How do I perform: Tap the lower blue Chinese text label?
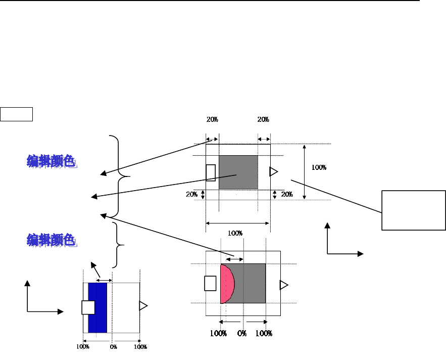52,240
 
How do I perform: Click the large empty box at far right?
414,209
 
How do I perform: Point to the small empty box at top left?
17,114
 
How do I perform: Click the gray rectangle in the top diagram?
238,172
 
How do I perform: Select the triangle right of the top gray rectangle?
273,171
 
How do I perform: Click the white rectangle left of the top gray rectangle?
211,172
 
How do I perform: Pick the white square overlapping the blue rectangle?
88,307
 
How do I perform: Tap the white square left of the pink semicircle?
210,283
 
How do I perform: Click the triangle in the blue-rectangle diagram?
143,305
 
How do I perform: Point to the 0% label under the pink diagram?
242,334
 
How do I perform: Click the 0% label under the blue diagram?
113,347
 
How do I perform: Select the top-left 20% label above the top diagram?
213,120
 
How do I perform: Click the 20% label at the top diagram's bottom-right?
287,194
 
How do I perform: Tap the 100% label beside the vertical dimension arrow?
319,167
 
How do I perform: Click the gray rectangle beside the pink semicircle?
250,283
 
